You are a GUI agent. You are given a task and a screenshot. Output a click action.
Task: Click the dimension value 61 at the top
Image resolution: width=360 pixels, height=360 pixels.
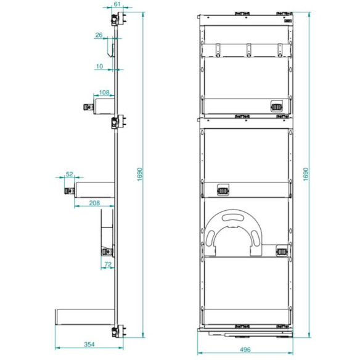(x=117, y=4)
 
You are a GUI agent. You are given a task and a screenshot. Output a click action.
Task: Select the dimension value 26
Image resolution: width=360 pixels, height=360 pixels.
(x=99, y=35)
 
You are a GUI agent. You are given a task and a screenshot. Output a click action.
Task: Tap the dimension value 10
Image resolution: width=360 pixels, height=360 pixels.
(x=99, y=67)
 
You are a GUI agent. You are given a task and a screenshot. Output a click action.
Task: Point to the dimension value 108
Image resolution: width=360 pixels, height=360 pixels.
(x=104, y=92)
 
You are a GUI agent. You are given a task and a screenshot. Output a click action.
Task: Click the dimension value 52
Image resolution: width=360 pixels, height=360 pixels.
(x=69, y=174)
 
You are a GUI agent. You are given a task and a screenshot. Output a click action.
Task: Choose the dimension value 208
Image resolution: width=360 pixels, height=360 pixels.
(x=94, y=203)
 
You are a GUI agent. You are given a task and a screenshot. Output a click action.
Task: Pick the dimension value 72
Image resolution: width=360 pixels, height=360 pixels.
(x=108, y=264)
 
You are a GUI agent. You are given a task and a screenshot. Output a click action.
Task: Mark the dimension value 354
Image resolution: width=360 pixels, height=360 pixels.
(x=89, y=345)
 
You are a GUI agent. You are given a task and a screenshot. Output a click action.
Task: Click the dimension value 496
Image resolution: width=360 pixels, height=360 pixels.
(x=245, y=350)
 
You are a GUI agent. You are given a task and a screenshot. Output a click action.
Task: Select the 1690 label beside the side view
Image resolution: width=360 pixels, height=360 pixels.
(x=140, y=174)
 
